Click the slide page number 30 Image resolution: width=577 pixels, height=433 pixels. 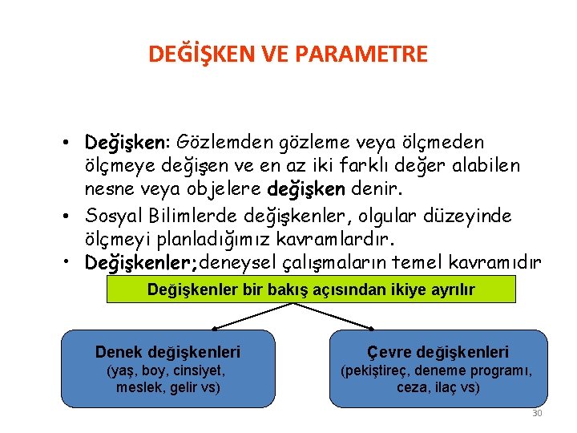coord(537,413)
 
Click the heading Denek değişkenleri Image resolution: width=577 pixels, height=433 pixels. coord(167,351)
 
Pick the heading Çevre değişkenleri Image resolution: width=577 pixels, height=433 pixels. coord(438,351)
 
